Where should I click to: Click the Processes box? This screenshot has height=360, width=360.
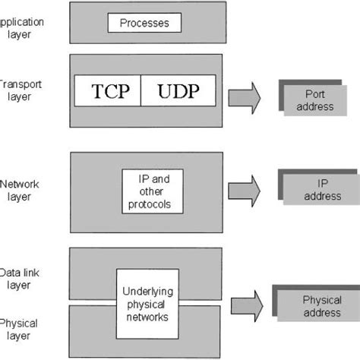click(x=144, y=23)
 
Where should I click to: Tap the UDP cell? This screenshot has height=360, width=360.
click(x=179, y=92)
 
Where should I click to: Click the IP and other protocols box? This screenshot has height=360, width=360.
click(x=154, y=191)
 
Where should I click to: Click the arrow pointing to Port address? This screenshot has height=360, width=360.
click(x=244, y=96)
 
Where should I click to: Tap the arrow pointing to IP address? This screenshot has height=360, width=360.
click(x=244, y=188)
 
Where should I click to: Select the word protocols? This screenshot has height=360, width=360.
click(x=154, y=204)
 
